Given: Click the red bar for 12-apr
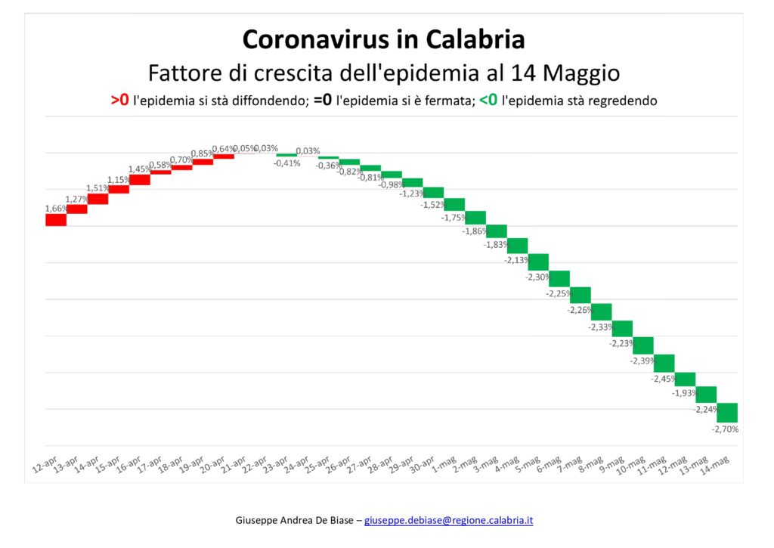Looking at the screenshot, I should point(56,219).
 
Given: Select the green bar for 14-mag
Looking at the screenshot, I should point(726,413).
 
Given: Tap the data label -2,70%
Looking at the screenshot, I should point(725,429).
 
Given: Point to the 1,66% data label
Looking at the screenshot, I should point(56,209).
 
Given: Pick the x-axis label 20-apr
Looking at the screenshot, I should point(213,463).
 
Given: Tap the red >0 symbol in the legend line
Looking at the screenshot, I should point(119,100).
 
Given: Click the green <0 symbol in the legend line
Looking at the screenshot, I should point(488,100).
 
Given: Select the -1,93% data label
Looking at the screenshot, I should point(684,393).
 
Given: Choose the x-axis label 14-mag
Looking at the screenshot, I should point(717,463).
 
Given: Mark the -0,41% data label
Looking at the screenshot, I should point(286,163).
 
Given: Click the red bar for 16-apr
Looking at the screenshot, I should point(140,179).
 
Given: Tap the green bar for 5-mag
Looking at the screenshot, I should point(538,262).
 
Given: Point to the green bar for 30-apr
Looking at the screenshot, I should point(433,192).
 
